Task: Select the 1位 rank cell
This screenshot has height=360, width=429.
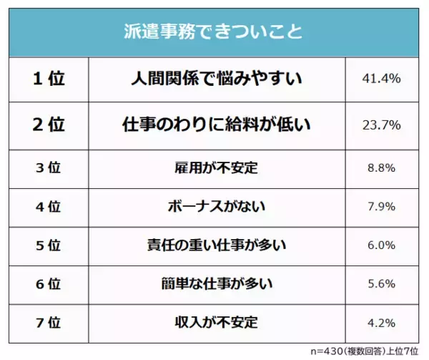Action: pos(49,79)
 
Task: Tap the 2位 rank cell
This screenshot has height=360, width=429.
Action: pos(49,125)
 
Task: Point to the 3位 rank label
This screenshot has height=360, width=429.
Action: pos(49,169)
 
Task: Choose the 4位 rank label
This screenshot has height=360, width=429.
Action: pos(49,207)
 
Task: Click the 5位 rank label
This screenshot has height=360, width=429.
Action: pos(49,245)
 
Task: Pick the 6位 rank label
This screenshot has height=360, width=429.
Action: pos(49,282)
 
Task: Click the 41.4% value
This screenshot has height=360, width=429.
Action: pos(382,79)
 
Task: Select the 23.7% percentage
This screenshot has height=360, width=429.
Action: pos(382,125)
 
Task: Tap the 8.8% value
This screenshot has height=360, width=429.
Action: pos(382,169)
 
